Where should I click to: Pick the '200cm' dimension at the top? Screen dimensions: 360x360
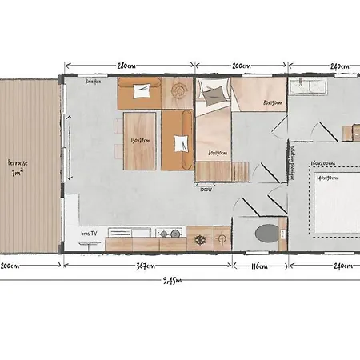(x=241, y=66)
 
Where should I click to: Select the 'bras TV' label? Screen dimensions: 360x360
(x=90, y=232)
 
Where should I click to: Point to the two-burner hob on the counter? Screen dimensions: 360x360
(x=170, y=234)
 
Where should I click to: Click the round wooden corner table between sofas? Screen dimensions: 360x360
(x=178, y=93)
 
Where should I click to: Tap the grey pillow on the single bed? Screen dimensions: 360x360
(x=214, y=96)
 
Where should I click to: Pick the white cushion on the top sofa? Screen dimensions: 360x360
(x=143, y=90)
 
